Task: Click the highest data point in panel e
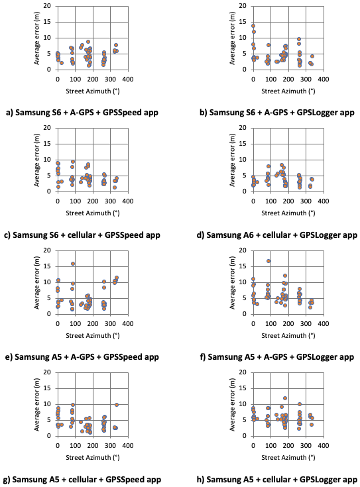73,264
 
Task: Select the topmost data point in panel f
269,261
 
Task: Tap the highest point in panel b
253,26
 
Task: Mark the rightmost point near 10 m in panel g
117,405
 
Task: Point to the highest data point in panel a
88,42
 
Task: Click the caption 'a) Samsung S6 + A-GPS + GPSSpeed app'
82,113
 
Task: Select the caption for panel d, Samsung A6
277,235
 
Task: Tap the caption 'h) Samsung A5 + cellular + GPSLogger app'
277,479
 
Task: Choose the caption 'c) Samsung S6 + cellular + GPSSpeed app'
82,235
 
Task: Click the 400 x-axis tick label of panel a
128,80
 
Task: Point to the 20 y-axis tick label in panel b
243,6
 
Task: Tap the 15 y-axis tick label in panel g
47,388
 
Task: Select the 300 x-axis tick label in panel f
306,323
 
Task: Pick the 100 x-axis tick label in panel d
270,201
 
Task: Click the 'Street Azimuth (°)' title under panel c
93,213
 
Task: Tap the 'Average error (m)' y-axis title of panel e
37,283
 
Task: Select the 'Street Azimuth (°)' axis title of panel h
288,457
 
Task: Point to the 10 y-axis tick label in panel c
47,160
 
